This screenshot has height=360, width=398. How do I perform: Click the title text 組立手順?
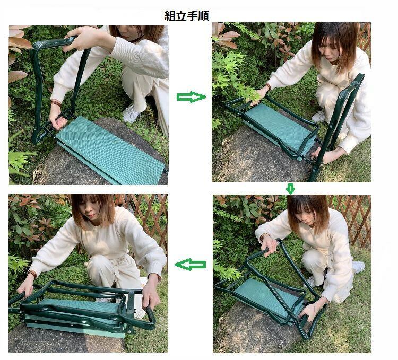[187, 15]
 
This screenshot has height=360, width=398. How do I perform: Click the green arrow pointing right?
[191, 97]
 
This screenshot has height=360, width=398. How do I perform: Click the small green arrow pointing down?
[290, 189]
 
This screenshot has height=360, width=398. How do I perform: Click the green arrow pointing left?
[191, 265]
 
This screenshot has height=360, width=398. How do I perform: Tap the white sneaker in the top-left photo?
[132, 114]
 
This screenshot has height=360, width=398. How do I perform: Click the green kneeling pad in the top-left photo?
[110, 150]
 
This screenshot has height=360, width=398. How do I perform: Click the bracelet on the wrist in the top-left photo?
[56, 103]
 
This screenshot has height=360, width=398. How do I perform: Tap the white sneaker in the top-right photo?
[318, 117]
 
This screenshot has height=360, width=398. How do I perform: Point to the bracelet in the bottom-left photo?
[32, 274]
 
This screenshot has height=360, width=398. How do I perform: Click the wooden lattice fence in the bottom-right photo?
[356, 221]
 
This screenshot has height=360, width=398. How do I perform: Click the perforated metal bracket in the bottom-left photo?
[131, 313]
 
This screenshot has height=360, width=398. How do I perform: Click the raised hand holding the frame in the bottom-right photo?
[269, 244]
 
